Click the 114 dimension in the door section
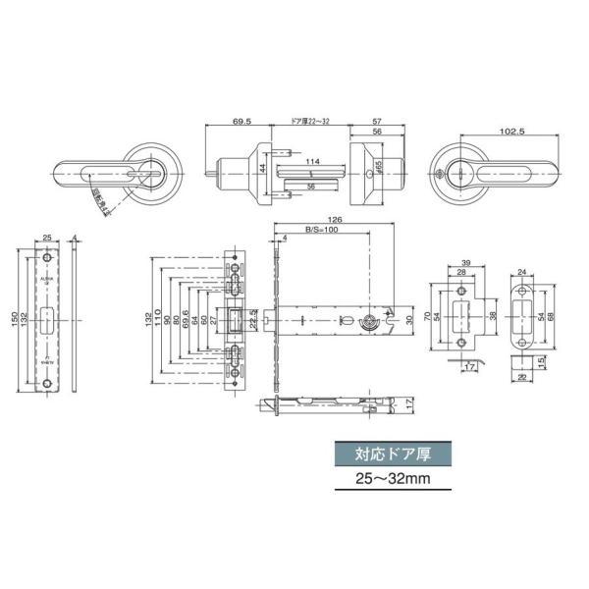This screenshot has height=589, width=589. (312, 162)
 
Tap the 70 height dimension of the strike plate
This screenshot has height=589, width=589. (429, 317)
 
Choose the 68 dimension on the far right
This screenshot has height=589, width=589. (552, 316)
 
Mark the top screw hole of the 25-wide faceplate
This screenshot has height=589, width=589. (47, 257)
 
